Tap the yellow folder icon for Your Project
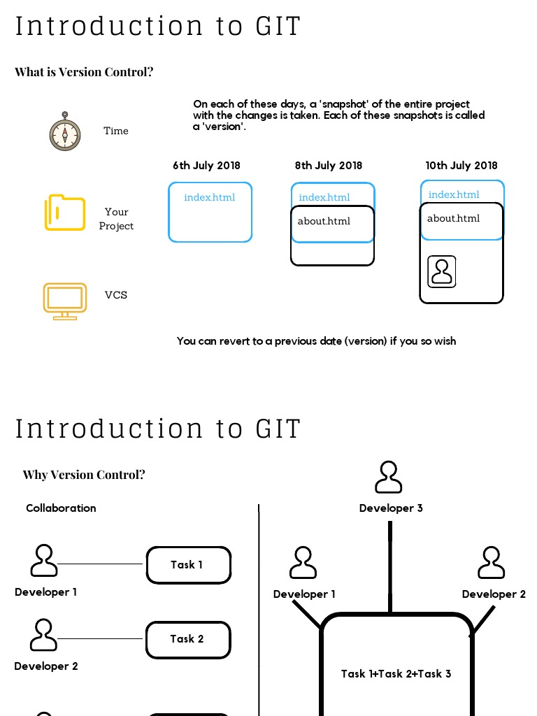tap(65, 213)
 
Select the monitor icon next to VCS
tap(65, 301)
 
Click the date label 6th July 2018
tap(206, 166)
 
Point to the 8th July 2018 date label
tap(329, 166)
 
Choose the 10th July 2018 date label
tap(461, 166)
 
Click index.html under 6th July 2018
tap(209, 197)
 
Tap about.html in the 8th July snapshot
tap(324, 221)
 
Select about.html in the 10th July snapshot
tap(453, 218)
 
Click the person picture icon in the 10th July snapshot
tap(442, 271)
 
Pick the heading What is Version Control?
tap(84, 72)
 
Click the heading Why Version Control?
tap(84, 475)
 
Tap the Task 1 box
tap(188, 565)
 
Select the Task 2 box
tap(188, 639)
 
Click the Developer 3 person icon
tap(389, 478)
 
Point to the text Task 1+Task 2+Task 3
tap(396, 674)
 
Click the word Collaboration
tap(61, 508)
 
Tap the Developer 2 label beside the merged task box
tap(494, 594)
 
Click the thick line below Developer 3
tap(390, 566)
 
